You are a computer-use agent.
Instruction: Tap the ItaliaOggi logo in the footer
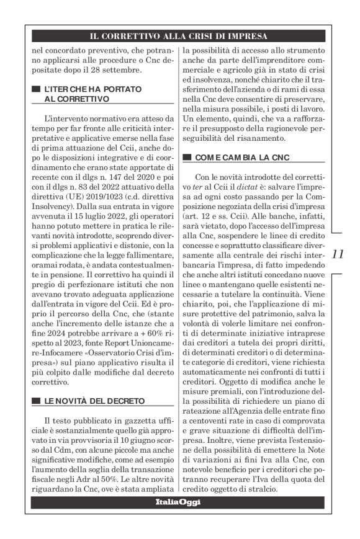tap(178, 502)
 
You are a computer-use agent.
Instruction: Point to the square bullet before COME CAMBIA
tap(189, 158)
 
